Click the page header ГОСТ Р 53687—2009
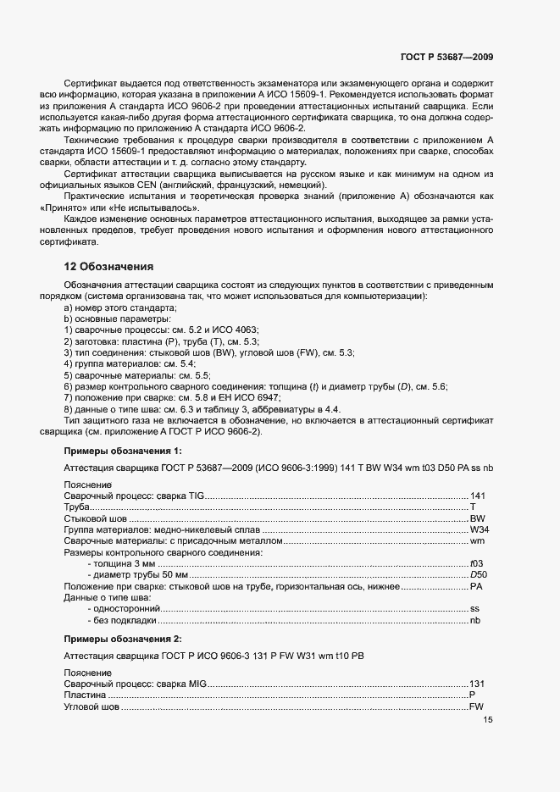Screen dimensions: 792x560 (x=446, y=57)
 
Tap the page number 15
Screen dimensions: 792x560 (x=487, y=720)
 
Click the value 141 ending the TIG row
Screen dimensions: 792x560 (x=477, y=496)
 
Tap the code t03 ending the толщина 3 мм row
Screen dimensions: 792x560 (x=477, y=563)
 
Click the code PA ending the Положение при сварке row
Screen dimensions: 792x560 (x=477, y=586)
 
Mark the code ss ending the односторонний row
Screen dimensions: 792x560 (x=475, y=609)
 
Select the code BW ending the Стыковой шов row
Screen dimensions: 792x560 (x=478, y=518)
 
